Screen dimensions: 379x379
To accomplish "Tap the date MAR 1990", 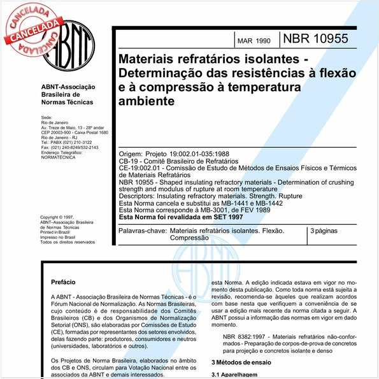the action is pos(255,40).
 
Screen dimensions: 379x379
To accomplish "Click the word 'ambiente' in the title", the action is pos(146,101).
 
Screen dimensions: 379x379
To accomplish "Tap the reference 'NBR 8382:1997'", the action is pos(245,335).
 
